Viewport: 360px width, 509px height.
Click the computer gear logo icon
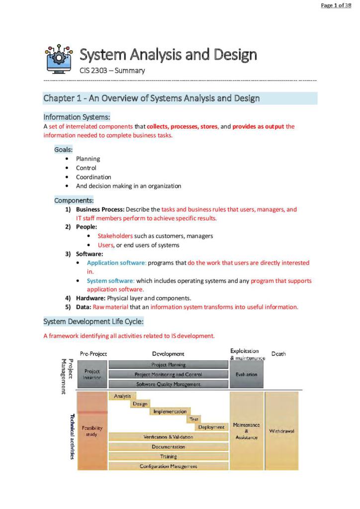59,58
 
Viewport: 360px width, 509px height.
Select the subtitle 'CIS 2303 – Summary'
112,71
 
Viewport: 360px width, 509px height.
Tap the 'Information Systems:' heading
77,117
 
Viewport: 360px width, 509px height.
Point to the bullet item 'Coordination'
93,177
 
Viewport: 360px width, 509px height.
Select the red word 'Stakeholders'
115,236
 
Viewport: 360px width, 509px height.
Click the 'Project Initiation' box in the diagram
92,374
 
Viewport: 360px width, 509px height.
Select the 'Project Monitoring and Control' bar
168,374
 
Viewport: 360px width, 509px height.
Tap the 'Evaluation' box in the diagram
246,374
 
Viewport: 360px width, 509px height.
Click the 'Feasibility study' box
92,430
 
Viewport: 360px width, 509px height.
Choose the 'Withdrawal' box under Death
281,430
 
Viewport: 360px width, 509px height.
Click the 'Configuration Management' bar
168,466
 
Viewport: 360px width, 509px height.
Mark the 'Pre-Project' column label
93,354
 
